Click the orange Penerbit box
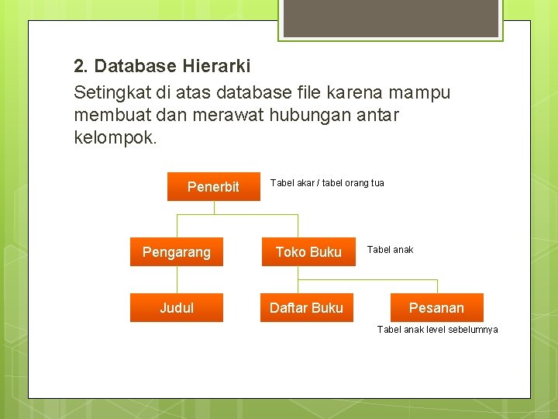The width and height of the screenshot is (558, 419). click(x=213, y=186)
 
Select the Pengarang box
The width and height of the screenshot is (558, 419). click(x=177, y=252)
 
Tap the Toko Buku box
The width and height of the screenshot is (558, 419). click(x=308, y=252)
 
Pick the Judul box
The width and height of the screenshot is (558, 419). click(x=177, y=308)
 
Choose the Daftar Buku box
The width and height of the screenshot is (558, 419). click(x=306, y=308)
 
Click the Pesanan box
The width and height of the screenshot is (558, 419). click(x=436, y=308)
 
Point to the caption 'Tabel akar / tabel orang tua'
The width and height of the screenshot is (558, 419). click(x=326, y=183)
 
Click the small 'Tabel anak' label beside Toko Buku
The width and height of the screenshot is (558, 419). click(x=390, y=250)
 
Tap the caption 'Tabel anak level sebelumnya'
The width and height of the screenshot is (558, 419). click(x=437, y=330)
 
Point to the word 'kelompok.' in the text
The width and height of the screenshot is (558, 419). click(x=115, y=139)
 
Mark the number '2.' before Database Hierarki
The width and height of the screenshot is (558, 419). click(x=81, y=67)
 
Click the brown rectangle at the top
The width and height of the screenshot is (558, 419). click(x=389, y=18)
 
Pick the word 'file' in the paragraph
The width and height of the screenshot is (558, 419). click(x=309, y=93)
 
